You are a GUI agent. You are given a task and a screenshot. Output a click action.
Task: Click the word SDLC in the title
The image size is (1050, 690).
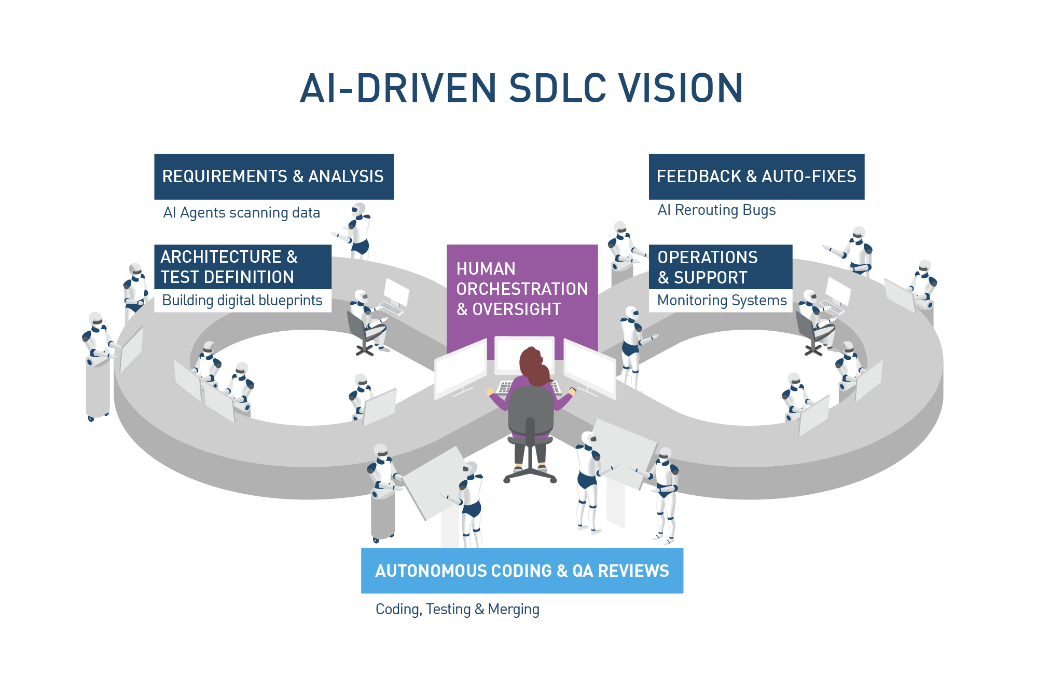pos(557,88)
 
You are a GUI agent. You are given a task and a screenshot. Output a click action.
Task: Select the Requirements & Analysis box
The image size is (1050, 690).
pos(273,177)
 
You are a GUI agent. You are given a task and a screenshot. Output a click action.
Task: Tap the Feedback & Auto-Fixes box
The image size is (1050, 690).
pos(756,177)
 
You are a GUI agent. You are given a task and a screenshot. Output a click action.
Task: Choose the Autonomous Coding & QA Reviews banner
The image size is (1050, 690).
pos(522,571)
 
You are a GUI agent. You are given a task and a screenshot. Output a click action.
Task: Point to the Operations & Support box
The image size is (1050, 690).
pos(720,267)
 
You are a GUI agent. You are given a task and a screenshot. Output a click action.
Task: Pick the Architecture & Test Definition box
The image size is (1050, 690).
pos(242,267)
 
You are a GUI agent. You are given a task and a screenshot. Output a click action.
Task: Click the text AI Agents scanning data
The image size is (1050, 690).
pos(241,213)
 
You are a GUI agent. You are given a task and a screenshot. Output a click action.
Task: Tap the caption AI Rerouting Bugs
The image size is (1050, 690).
pos(716,210)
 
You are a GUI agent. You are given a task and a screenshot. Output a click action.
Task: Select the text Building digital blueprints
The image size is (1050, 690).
pos(242,301)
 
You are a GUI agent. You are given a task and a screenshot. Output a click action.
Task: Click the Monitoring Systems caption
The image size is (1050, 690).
pos(722,301)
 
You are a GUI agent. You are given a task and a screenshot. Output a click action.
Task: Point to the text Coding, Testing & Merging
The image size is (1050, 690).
pos(457,609)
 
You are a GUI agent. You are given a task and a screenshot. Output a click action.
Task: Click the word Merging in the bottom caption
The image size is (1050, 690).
pos(513,609)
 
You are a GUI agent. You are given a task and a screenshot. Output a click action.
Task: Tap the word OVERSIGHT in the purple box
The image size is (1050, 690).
pos(516,309)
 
